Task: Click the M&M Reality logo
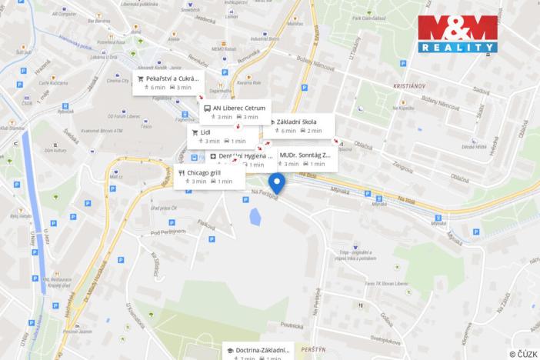coord(457,35)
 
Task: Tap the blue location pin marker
coord(277,183)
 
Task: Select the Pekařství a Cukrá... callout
coord(168,82)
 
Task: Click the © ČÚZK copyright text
coord(523,354)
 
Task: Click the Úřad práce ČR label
coord(164,208)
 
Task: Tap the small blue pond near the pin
coord(254,218)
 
